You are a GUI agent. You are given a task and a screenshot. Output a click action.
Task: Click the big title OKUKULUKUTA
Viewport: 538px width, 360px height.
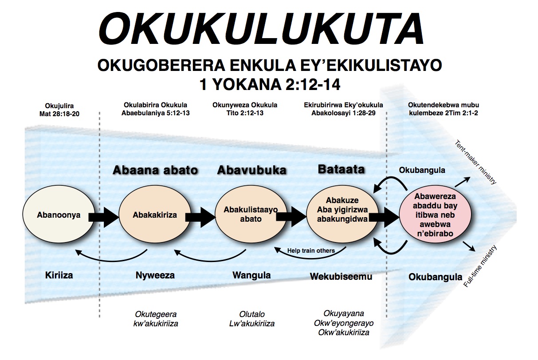[262, 27]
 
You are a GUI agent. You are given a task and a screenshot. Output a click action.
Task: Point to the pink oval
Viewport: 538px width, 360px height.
[435, 215]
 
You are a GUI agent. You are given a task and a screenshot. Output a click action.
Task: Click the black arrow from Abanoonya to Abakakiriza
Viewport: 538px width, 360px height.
[103, 216]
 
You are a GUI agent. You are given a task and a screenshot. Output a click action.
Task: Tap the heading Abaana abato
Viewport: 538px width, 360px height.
[155, 170]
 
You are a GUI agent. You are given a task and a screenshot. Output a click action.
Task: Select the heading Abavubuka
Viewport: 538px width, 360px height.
[251, 170]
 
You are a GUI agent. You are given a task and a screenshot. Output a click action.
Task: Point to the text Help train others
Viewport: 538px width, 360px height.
[311, 250]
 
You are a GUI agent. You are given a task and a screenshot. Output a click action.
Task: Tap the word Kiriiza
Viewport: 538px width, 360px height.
[59, 275]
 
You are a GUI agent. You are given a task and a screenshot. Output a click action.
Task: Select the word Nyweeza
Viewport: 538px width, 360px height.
[155, 275]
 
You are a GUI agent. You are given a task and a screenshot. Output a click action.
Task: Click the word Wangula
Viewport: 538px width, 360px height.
[251, 275]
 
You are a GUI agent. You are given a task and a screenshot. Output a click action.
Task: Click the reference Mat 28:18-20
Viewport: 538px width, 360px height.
[59, 113]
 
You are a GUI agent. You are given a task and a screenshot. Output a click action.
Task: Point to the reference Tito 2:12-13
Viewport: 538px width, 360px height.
[245, 113]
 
